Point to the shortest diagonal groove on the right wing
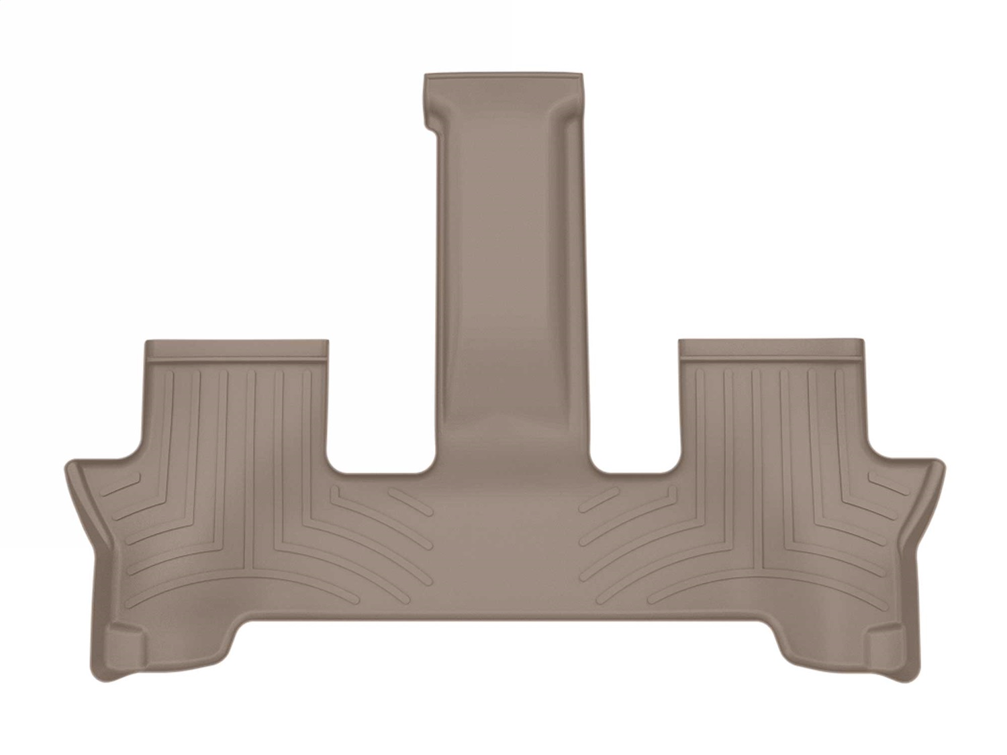(886, 482)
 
